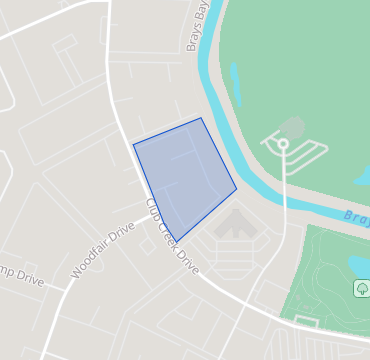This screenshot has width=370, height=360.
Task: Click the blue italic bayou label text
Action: click(x=356, y=215)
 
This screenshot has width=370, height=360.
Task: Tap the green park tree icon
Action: click(x=361, y=288)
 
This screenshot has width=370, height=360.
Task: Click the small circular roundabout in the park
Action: click(x=283, y=145)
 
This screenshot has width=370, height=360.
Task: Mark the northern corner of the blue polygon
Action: click(x=201, y=118)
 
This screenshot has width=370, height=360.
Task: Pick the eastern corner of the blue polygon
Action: click(x=237, y=188)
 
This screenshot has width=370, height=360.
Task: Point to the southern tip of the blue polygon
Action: click(x=176, y=243)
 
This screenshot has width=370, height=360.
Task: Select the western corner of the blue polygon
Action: click(x=133, y=144)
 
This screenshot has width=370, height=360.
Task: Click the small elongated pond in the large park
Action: click(x=236, y=85)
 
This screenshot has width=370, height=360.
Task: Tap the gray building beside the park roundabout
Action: click(x=293, y=127)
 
